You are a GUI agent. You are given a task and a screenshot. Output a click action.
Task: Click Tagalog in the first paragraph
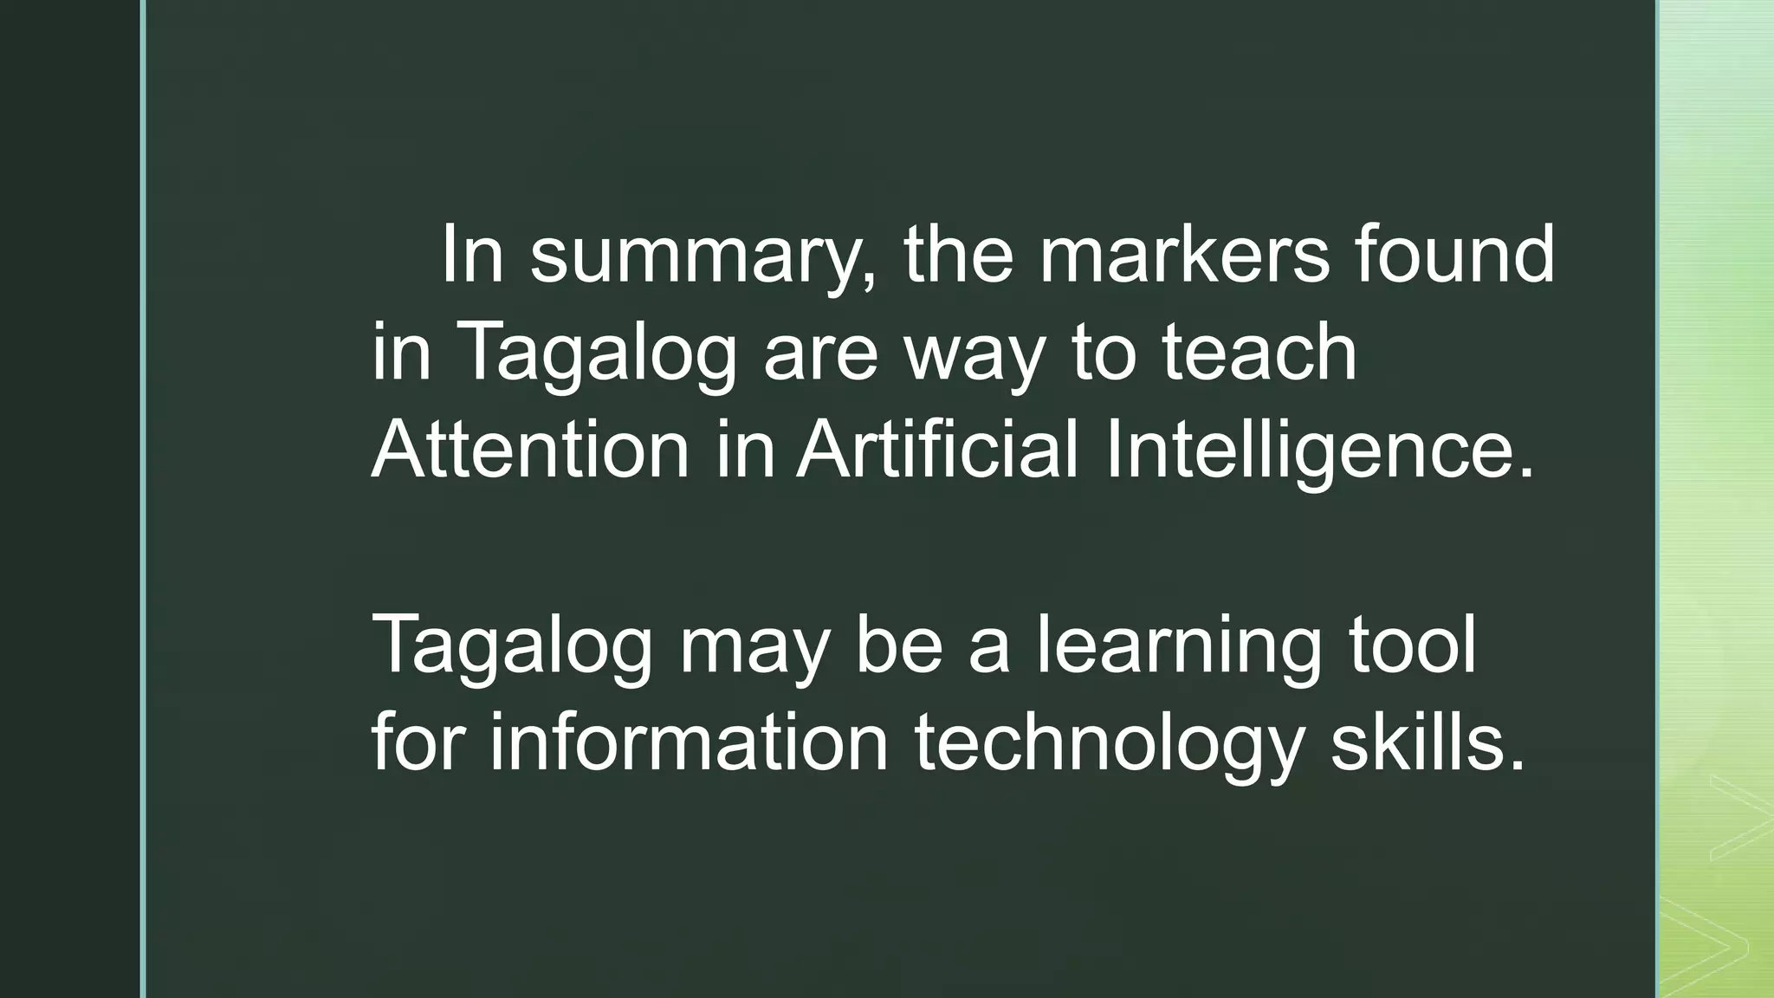click(597, 353)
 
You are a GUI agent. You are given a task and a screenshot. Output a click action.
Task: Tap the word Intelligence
click(1307, 451)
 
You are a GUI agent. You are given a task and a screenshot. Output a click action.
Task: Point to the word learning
click(1179, 646)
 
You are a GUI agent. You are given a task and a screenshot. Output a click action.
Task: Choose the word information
click(690, 742)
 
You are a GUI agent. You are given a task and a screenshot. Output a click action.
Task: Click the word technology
click(1110, 744)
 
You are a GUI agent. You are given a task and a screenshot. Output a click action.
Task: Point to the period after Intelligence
click(1525, 474)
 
